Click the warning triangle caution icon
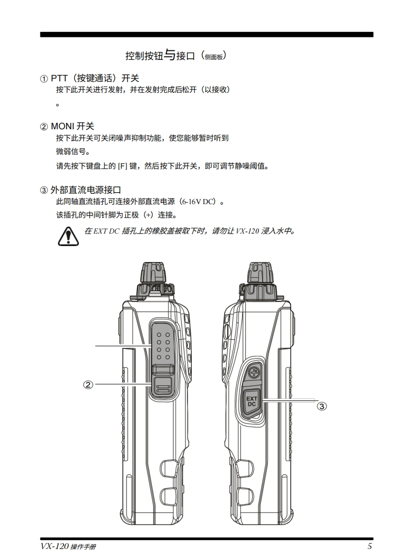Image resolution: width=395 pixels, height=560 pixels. pyautogui.click(x=68, y=236)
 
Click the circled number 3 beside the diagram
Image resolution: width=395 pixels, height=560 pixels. pyautogui.click(x=322, y=406)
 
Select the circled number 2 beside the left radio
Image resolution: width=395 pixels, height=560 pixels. pyautogui.click(x=88, y=385)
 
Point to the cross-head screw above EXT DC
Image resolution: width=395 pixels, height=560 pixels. pyautogui.click(x=254, y=373)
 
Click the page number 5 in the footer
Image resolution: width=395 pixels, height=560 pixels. pyautogui.click(x=370, y=546)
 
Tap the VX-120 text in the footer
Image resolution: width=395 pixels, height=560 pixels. pyautogui.click(x=54, y=547)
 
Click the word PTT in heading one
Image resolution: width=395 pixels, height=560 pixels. pyautogui.click(x=59, y=78)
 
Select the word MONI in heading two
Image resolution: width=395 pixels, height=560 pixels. pyautogui.click(x=62, y=126)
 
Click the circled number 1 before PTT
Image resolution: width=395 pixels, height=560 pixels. pyautogui.click(x=43, y=78)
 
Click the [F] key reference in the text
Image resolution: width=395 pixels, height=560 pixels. pyautogui.click(x=123, y=166)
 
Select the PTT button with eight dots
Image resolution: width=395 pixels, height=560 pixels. pyautogui.click(x=163, y=345)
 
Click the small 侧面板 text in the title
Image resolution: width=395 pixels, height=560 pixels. pyautogui.click(x=214, y=57)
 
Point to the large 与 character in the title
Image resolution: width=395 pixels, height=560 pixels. pyautogui.click(x=170, y=55)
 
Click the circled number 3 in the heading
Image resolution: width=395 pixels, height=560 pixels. pyautogui.click(x=43, y=190)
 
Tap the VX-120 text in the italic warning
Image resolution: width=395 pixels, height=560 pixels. pyautogui.click(x=247, y=231)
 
